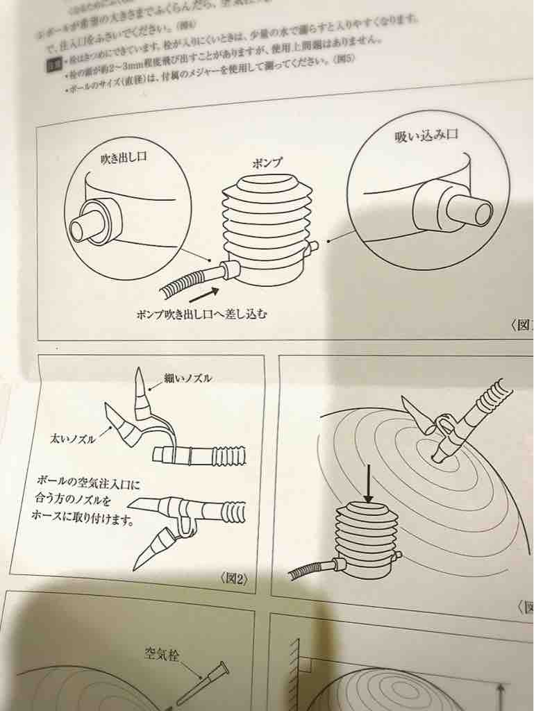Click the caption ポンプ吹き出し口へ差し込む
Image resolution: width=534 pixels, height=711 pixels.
coord(202,313)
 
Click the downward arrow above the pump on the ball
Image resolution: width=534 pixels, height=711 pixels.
coord(368,489)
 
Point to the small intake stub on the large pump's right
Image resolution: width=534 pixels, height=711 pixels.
coord(312,246)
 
